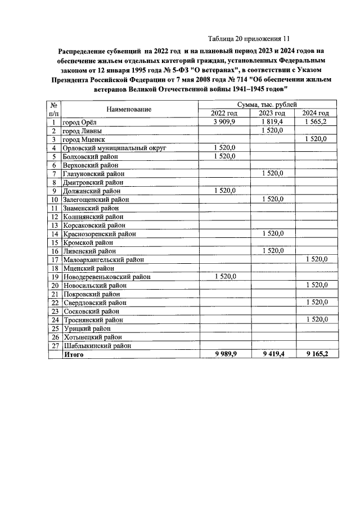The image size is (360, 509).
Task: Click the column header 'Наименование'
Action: click(x=128, y=109)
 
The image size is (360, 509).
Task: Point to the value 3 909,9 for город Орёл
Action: click(x=224, y=121)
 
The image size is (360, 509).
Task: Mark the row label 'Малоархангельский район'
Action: click(x=105, y=259)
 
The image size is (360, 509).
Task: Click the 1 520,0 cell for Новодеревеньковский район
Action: click(x=224, y=277)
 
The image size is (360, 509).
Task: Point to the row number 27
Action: click(x=55, y=346)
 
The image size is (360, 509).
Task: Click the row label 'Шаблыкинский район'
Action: click(x=97, y=346)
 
